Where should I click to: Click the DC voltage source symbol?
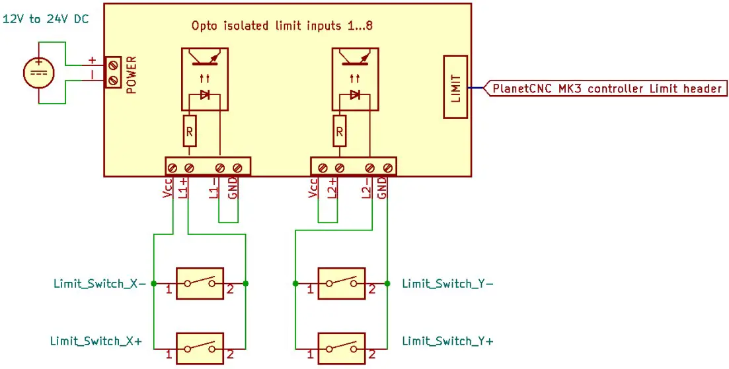tap(38, 73)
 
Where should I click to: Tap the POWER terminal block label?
tap(131, 73)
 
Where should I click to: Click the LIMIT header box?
tap(455, 87)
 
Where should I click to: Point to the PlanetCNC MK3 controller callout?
tap(606, 88)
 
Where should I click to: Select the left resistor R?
tap(189, 132)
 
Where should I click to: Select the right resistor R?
tap(339, 132)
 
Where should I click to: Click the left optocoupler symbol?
tap(204, 78)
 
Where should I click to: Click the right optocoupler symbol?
tap(354, 78)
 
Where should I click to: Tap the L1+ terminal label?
tap(184, 187)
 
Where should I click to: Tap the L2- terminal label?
tap(366, 187)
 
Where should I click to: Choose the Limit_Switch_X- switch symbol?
tap(200, 284)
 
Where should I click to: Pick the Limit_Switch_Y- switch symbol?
tap(342, 284)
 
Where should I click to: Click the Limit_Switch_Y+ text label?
tap(447, 341)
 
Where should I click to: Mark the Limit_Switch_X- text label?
tap(99, 284)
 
